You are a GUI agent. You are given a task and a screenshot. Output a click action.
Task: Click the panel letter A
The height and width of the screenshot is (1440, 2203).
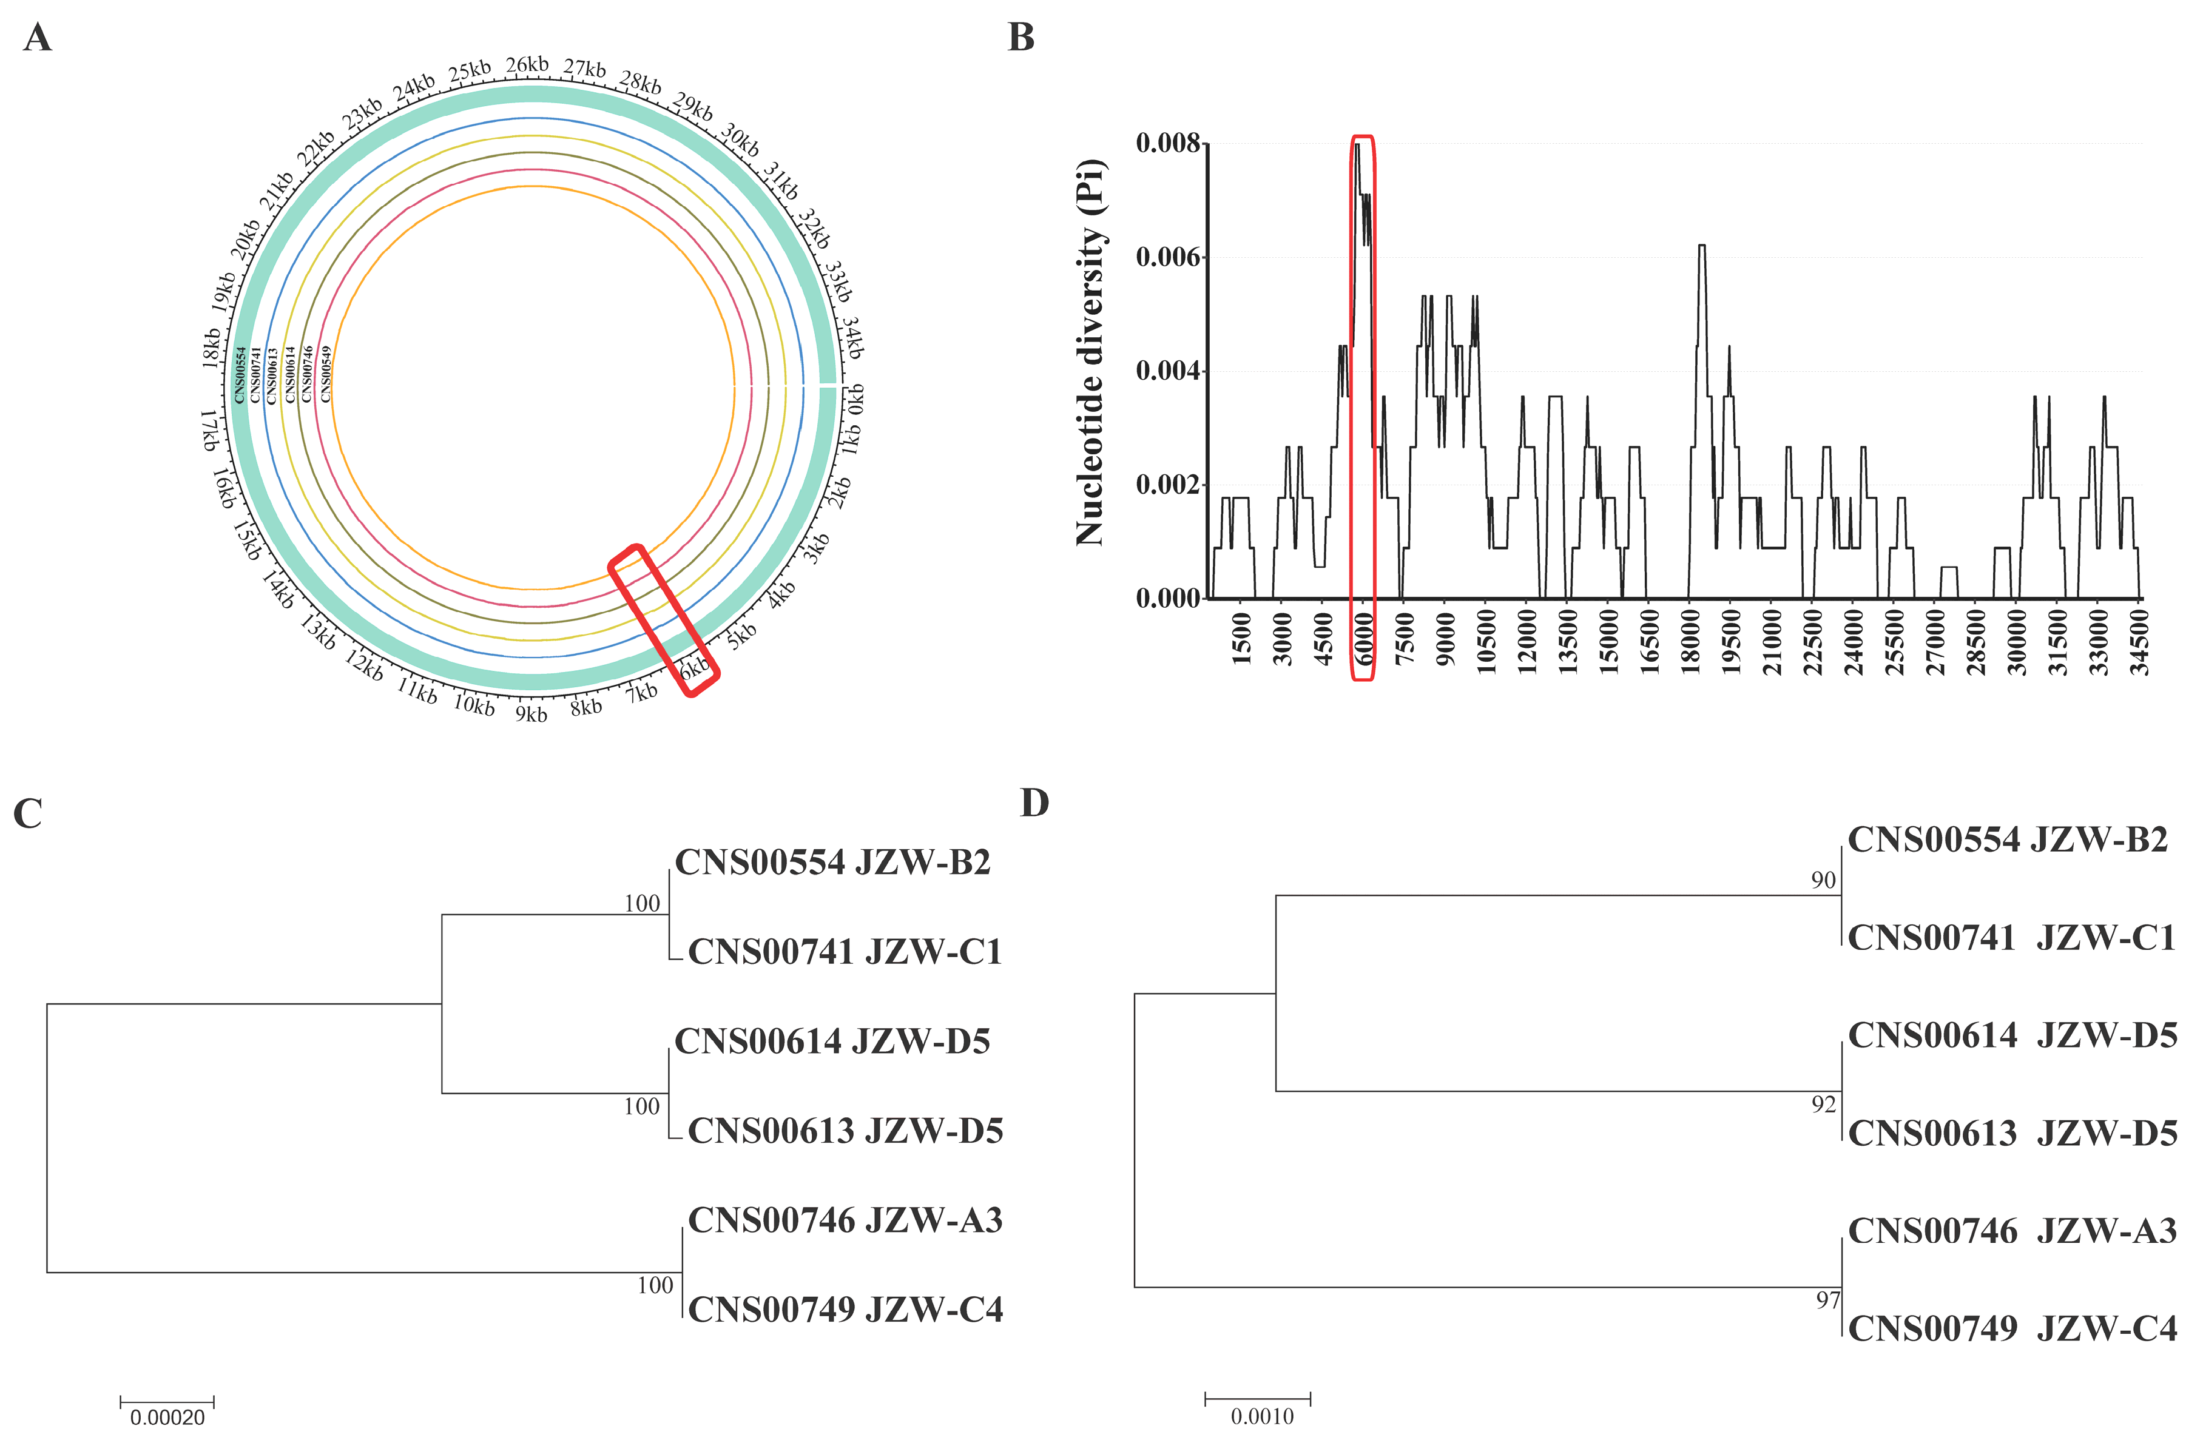[38, 39]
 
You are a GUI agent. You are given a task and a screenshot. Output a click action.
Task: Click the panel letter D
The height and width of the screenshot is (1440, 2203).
[1034, 803]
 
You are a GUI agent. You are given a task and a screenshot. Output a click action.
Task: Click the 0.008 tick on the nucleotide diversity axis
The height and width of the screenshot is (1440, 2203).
[1167, 143]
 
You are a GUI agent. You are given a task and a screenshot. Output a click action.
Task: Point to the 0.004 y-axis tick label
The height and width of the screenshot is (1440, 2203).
[1167, 371]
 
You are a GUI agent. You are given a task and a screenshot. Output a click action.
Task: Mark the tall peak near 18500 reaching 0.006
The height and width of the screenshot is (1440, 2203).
[1701, 246]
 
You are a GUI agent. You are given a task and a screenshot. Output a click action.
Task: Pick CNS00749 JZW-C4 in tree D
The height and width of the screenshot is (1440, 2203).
[2011, 1329]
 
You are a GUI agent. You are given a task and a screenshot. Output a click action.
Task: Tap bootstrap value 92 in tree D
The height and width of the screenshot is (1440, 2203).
[1823, 1104]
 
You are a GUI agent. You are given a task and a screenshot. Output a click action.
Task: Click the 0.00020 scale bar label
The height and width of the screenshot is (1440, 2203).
[167, 1417]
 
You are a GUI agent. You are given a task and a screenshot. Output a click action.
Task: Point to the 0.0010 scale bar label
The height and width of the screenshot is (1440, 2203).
[1261, 1416]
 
